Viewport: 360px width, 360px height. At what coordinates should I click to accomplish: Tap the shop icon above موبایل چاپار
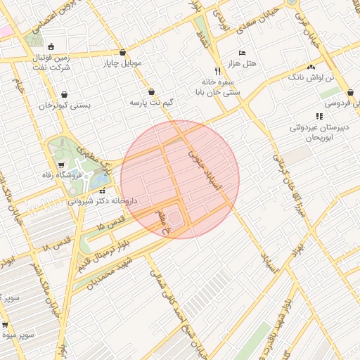click(x=123, y=52)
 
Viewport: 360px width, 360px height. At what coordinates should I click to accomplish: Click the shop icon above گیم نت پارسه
click(x=152, y=91)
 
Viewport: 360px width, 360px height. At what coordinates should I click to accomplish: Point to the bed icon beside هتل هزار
click(x=243, y=53)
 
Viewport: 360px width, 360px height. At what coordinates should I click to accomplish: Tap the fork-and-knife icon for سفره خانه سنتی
click(x=218, y=71)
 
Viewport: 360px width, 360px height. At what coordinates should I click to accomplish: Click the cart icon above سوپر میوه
click(x=6, y=325)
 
